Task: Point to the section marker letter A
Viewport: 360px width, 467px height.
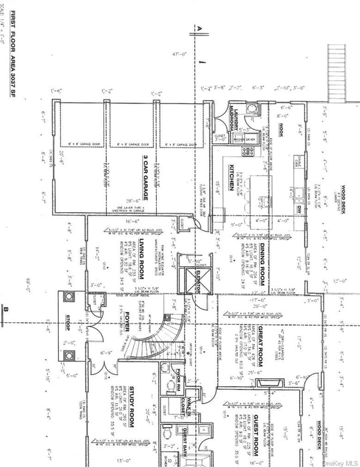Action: point(198,28)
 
